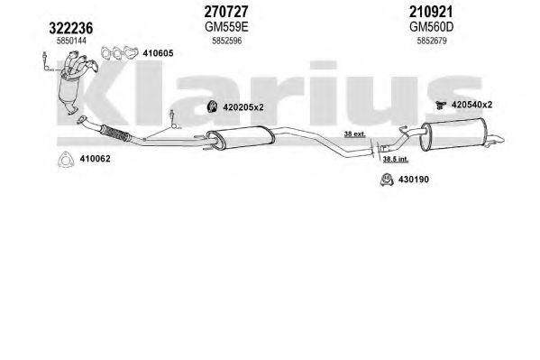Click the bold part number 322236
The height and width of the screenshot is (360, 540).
[71, 28]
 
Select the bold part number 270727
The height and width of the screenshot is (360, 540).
[226, 12]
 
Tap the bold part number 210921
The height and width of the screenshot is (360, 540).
[431, 12]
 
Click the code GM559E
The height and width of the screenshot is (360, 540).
[226, 26]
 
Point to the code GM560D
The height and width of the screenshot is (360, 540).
[431, 26]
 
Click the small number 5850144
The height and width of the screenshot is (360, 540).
[71, 41]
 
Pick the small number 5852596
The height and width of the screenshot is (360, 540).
[226, 41]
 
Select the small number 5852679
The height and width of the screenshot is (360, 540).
[432, 41]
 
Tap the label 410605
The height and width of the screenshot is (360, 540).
[158, 53]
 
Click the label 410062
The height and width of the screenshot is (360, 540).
[95, 159]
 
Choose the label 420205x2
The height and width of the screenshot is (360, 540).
[243, 107]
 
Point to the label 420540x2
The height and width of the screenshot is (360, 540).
[471, 105]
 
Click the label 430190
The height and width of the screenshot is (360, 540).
[413, 180]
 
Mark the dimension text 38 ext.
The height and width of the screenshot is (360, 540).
[354, 134]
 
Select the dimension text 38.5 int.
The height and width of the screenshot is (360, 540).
[396, 159]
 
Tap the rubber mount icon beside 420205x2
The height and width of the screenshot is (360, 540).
[212, 106]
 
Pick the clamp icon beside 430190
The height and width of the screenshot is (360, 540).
[387, 180]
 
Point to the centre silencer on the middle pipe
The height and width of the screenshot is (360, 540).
[241, 137]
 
